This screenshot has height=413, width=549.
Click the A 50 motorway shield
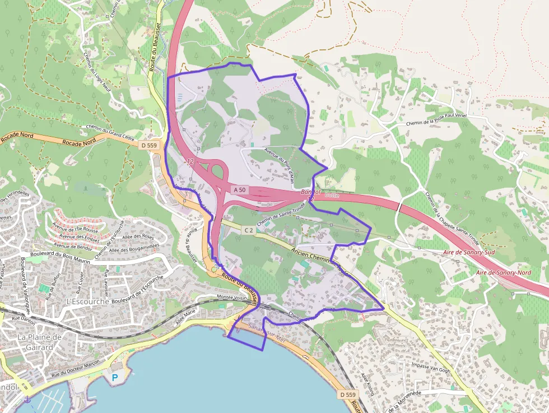[x=239, y=190]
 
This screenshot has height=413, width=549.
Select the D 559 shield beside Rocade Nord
[x=148, y=145]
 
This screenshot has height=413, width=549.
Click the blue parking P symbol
[x=115, y=378]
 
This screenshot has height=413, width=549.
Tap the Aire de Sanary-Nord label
[x=503, y=272]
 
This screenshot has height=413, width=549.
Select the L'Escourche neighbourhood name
[x=88, y=302]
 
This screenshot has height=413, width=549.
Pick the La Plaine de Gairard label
[x=39, y=342]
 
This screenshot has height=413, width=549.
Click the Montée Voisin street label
[x=232, y=298]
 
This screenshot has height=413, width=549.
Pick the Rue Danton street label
[x=24, y=322]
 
